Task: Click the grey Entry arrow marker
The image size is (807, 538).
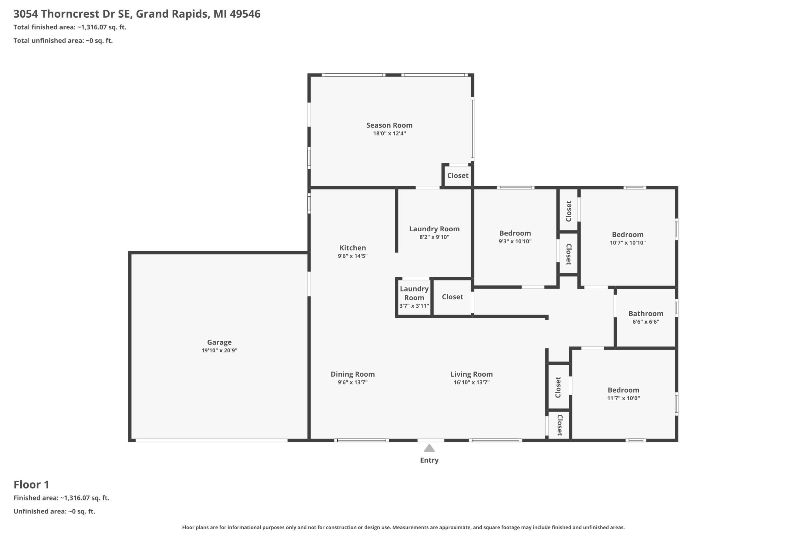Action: (429, 448)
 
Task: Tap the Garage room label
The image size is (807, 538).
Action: (219, 342)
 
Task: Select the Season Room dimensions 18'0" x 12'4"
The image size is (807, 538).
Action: (389, 133)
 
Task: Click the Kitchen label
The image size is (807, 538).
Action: (353, 248)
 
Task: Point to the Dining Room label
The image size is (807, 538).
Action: (353, 374)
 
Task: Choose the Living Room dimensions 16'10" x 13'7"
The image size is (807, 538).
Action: (472, 382)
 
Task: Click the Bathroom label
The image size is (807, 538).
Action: (646, 314)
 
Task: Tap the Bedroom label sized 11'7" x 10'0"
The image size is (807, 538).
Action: (624, 390)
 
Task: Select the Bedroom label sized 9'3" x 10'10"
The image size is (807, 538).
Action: (515, 233)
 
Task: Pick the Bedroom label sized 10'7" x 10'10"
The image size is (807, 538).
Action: (628, 235)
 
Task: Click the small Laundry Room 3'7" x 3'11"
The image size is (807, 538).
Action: (414, 297)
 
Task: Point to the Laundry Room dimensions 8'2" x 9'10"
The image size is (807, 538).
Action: (434, 237)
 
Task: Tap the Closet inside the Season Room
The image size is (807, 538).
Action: (458, 176)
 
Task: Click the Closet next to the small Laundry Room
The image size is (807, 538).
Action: (453, 297)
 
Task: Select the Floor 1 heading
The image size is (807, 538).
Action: (32, 484)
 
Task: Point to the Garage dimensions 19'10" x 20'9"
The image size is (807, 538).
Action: (219, 350)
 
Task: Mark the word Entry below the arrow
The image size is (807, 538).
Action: (429, 460)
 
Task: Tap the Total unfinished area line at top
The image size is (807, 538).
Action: (63, 40)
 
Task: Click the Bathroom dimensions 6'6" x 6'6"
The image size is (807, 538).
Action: (646, 322)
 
